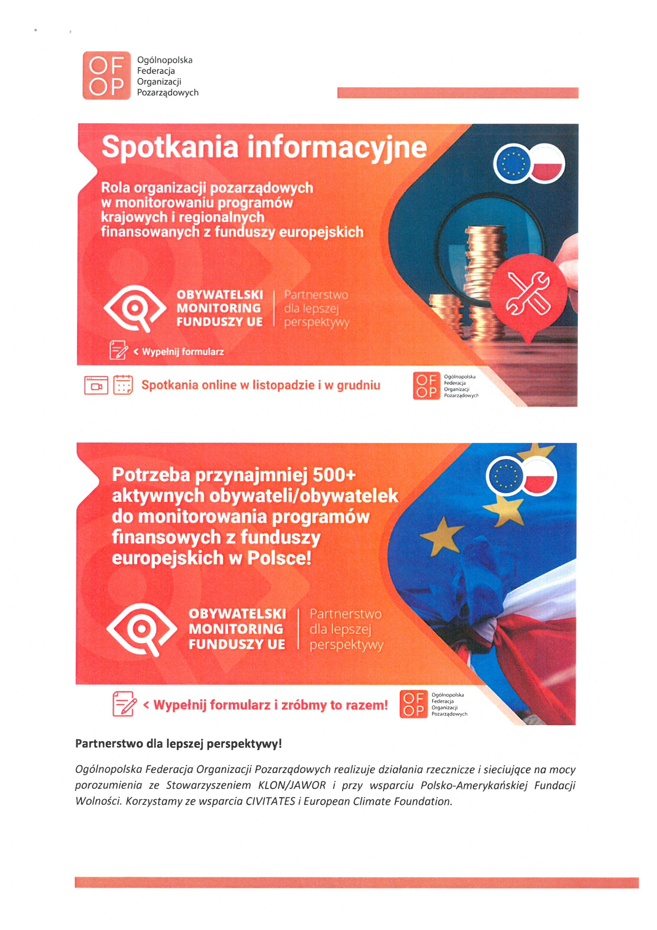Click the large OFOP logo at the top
click(x=107, y=75)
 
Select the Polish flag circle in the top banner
click(x=547, y=164)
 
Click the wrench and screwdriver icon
click(x=528, y=293)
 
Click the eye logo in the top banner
click(x=135, y=308)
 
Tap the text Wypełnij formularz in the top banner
click(x=182, y=352)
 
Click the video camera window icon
click(x=96, y=385)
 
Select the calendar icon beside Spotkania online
click(x=123, y=385)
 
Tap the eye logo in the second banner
click(x=141, y=629)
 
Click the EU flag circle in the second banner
click(x=505, y=477)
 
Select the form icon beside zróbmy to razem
click(x=124, y=704)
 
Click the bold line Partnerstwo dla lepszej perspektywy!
click(x=178, y=744)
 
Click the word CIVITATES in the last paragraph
click(x=270, y=801)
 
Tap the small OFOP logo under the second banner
click(x=413, y=704)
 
